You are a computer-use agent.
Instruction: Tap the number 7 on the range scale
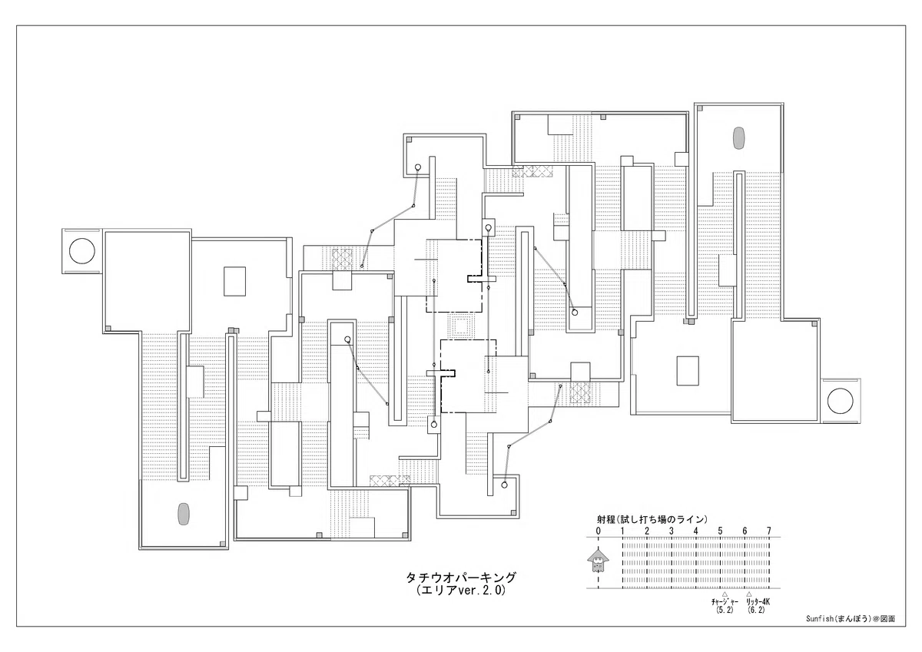(768, 531)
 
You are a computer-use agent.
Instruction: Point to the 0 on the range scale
(598, 531)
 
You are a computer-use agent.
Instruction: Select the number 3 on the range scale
(672, 531)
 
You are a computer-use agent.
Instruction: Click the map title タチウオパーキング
(460, 578)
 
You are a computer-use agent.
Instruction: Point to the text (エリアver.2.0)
(460, 591)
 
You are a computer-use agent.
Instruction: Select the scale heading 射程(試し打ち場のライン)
(652, 519)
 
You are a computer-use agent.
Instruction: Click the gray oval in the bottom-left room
(183, 515)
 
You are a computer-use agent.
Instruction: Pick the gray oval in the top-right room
(738, 138)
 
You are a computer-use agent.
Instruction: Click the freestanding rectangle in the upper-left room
(234, 281)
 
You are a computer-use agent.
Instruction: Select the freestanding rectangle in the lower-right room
(688, 371)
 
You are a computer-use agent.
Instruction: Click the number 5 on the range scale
(720, 531)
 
